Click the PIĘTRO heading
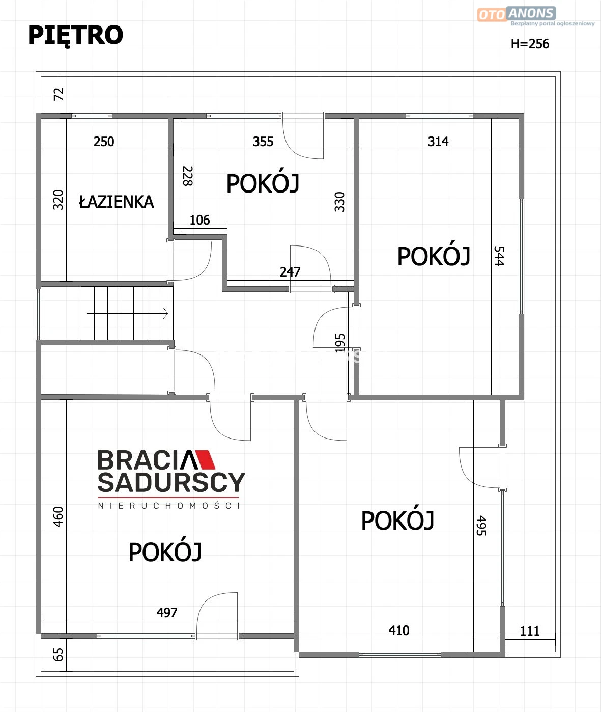pos(75,36)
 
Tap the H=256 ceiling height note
pos(530,44)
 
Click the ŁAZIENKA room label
pos(116,201)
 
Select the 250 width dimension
pos(104,142)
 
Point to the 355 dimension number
pos(263,142)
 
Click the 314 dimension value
pos(438,142)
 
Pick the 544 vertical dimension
pos(499,256)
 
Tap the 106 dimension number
pos(199,220)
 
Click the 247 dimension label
pos(290,272)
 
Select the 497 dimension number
pos(167,613)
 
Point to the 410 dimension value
pos(399,631)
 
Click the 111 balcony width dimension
pos(530,631)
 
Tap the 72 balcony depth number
pos(59,94)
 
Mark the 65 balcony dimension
pos(58,655)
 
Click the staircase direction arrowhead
pos(165,313)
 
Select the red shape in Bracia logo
pos(205,460)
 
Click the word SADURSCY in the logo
pos(171,482)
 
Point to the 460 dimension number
pos(58,516)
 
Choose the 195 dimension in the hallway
pos(340,343)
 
